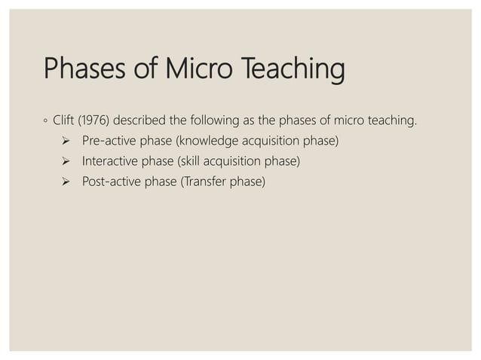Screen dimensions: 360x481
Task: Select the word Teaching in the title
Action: point(293,71)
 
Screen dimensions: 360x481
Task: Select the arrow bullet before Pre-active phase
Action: point(66,140)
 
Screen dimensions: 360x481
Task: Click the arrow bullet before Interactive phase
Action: point(66,161)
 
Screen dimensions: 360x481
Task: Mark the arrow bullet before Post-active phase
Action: point(66,182)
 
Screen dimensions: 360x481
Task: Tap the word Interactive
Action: point(110,160)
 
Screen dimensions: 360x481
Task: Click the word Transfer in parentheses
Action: point(204,182)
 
